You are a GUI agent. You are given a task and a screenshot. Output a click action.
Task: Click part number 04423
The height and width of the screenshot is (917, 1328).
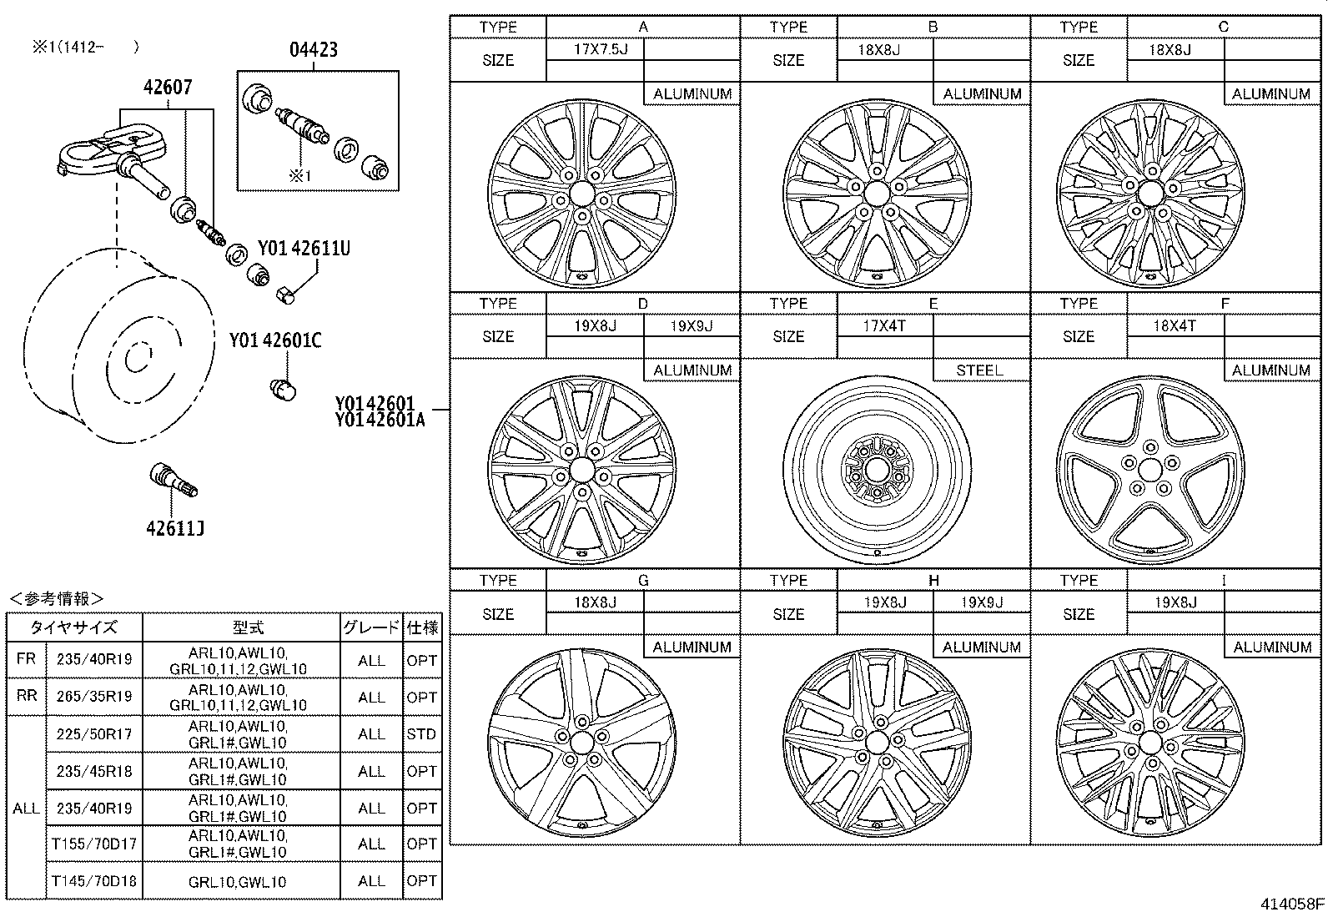(x=314, y=49)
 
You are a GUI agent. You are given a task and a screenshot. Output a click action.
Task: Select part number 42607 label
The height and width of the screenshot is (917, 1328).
(x=168, y=87)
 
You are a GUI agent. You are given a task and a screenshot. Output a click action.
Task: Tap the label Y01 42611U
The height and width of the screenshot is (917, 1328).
(x=304, y=248)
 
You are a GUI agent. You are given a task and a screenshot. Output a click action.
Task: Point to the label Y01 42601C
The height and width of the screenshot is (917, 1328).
(x=275, y=340)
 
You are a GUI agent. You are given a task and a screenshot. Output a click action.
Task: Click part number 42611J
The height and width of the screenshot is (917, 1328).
(x=175, y=528)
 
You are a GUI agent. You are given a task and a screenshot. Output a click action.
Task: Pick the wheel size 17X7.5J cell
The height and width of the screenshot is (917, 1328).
(x=595, y=49)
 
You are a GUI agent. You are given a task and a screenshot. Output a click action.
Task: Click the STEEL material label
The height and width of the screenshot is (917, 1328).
(x=981, y=370)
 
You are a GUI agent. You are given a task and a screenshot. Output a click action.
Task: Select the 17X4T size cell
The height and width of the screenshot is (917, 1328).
(x=884, y=325)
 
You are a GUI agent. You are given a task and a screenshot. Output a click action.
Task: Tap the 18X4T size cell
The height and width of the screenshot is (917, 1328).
(x=1175, y=325)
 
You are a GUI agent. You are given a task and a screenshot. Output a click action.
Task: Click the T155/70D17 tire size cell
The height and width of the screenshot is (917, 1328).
(x=94, y=844)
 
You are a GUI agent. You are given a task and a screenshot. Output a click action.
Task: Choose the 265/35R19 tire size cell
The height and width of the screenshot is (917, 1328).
(x=94, y=696)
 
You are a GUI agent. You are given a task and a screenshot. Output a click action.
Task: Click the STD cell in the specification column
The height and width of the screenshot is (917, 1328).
(x=421, y=733)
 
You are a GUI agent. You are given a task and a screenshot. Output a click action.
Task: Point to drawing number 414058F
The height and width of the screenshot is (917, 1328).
(x=1292, y=904)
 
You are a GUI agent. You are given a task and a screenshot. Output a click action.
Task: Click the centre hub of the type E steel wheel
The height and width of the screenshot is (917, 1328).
(x=876, y=471)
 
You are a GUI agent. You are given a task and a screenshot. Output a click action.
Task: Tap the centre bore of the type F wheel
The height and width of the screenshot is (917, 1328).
(x=1150, y=471)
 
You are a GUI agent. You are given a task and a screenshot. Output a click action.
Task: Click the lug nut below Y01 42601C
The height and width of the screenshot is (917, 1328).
(x=282, y=389)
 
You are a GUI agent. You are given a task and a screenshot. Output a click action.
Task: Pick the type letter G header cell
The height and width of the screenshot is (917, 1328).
(x=643, y=580)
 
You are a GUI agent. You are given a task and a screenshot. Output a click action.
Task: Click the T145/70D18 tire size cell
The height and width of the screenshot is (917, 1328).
(x=94, y=881)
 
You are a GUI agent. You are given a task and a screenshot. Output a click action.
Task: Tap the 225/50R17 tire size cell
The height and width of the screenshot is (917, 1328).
(x=94, y=733)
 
